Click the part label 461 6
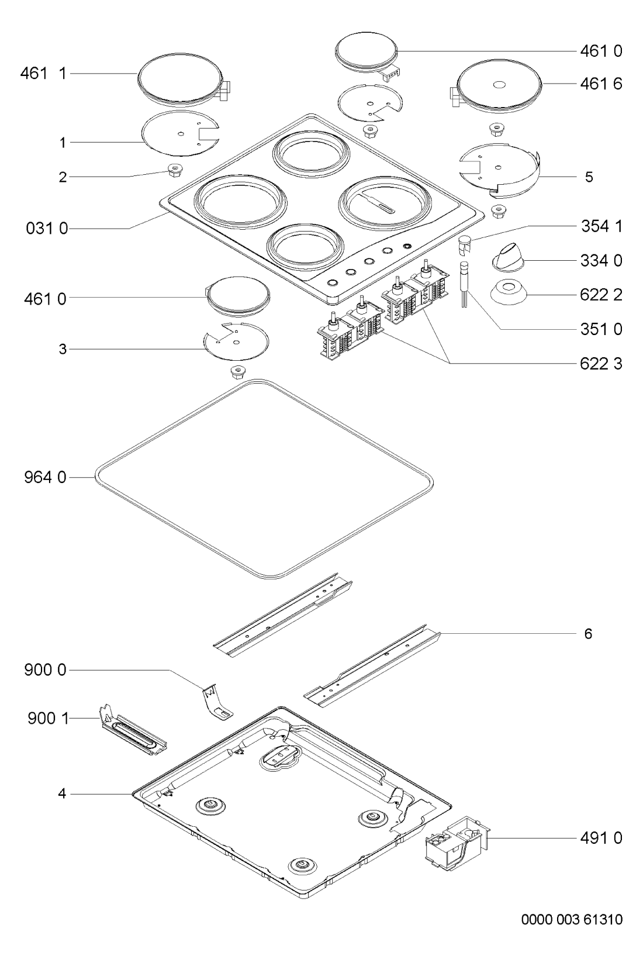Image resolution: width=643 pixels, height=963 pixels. [601, 84]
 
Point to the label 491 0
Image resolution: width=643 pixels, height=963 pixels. [601, 838]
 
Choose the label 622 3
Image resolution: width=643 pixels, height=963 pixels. [601, 364]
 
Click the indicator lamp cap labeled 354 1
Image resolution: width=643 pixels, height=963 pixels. [464, 243]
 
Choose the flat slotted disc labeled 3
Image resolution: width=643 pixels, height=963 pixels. [235, 341]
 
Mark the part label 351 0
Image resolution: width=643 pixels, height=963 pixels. [601, 329]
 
